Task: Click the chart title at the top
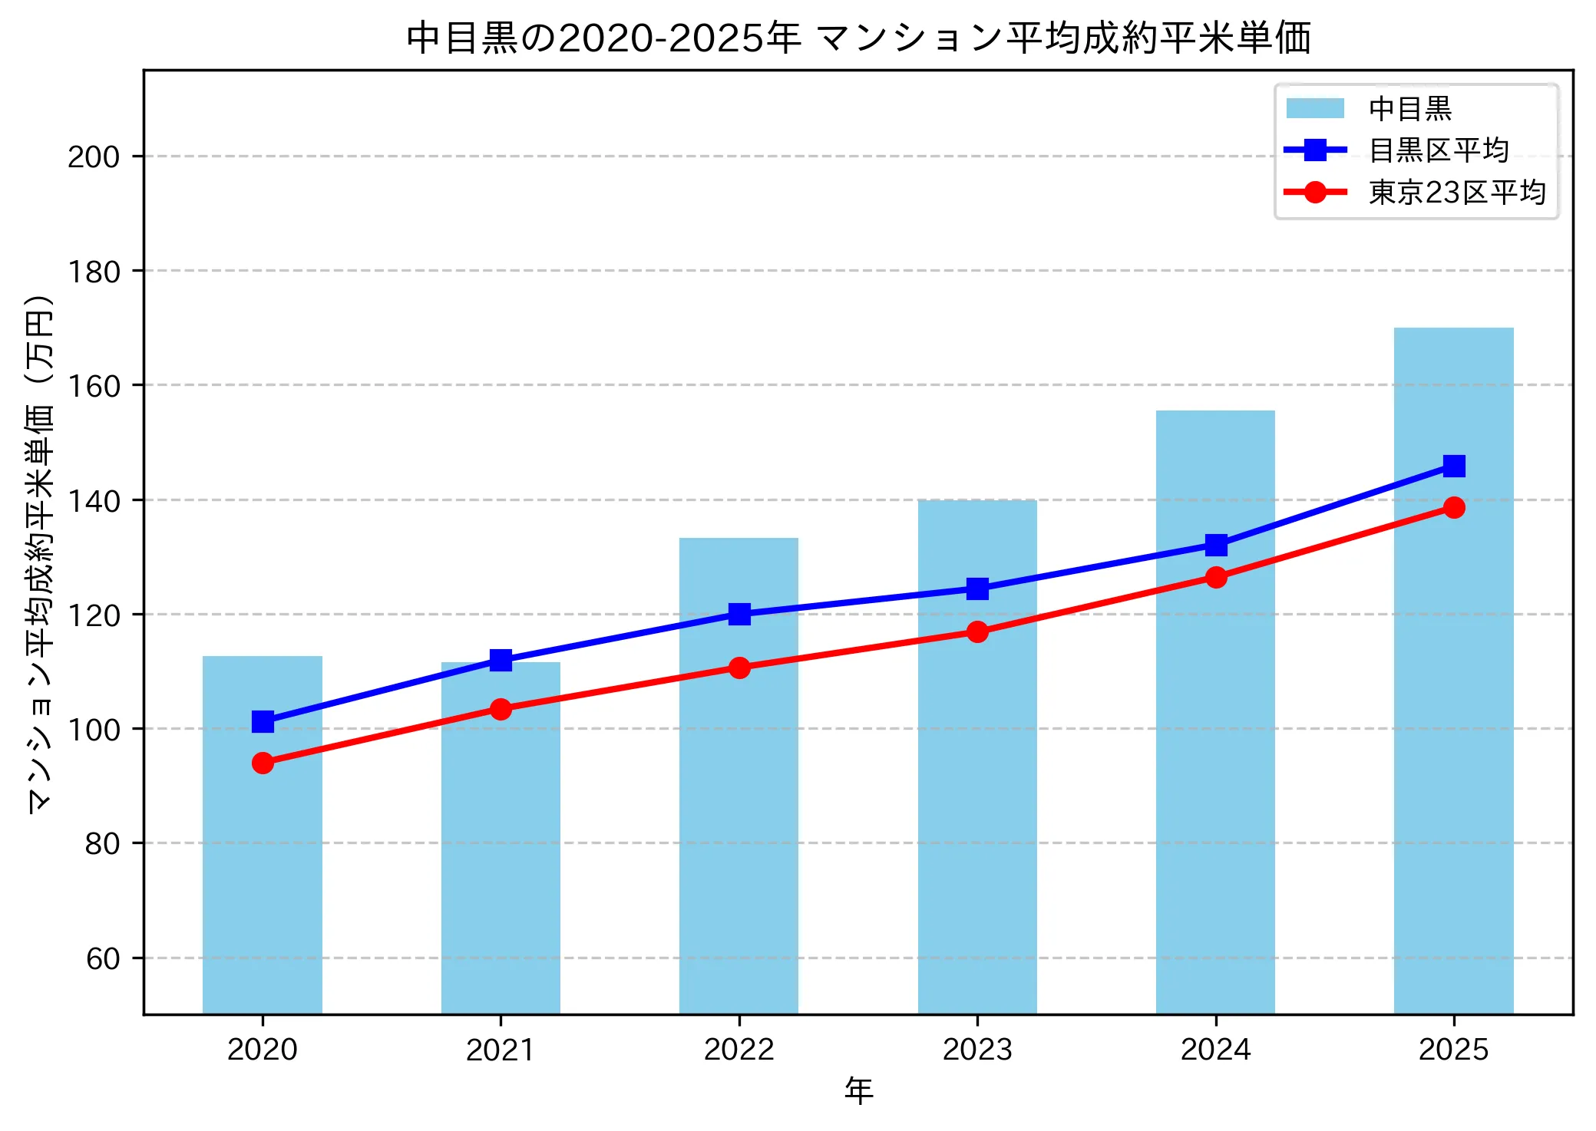858,38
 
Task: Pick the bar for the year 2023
977,806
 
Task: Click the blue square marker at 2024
1215,546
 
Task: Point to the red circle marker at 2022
739,668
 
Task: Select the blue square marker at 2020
263,721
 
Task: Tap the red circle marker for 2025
1453,507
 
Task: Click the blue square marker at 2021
501,660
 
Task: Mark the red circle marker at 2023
977,631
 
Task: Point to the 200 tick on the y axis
94,157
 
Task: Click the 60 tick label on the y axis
103,958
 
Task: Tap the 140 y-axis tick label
94,501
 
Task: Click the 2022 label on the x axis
739,1049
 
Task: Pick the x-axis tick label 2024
1215,1049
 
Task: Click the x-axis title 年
858,1090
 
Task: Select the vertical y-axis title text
40,552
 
